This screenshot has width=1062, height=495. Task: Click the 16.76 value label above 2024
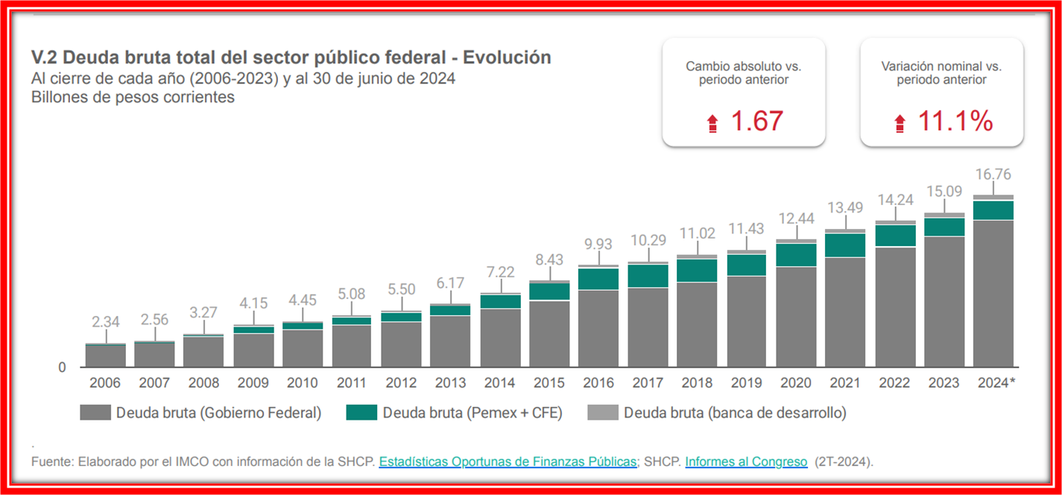click(993, 174)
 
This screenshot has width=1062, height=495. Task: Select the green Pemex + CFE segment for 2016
click(598, 279)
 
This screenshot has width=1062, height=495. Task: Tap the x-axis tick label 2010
click(302, 383)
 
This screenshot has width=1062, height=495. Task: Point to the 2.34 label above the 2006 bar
click(105, 322)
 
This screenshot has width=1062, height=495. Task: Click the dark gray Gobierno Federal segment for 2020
click(796, 317)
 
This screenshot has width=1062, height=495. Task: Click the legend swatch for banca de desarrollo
click(602, 412)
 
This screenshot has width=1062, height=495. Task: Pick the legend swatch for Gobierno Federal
click(95, 412)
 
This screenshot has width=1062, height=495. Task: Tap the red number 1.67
click(756, 122)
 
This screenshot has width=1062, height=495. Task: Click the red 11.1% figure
click(955, 122)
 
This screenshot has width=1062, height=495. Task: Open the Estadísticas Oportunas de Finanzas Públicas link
click(508, 462)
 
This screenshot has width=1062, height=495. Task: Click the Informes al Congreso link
click(746, 462)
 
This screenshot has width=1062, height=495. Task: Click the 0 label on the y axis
click(62, 368)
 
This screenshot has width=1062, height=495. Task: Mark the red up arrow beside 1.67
click(712, 124)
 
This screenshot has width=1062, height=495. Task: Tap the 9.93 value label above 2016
click(598, 245)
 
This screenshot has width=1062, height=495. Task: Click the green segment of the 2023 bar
click(944, 227)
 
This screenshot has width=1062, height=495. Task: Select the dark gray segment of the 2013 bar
click(450, 341)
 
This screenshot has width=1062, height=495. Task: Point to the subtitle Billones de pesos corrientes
click(133, 97)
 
